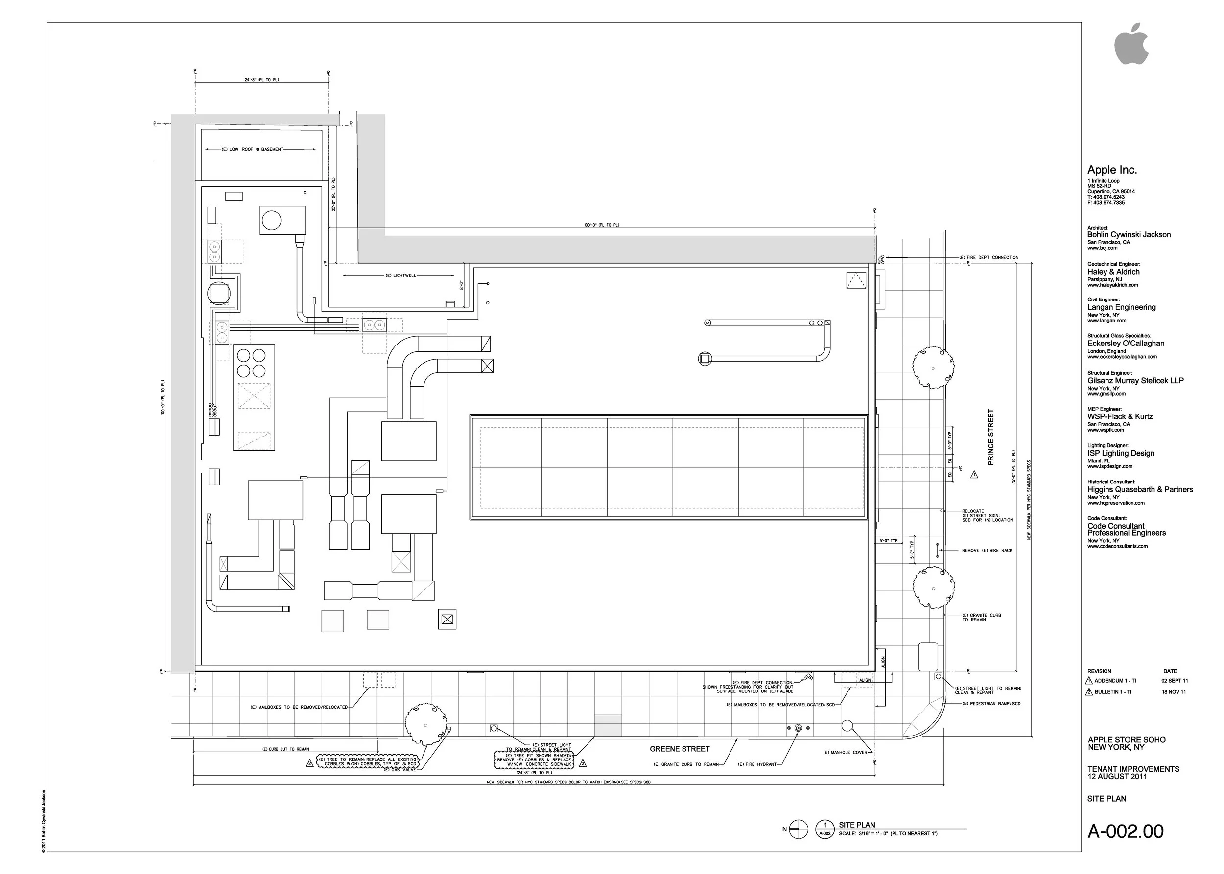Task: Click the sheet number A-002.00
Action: (1125, 831)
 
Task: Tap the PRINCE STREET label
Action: (990, 437)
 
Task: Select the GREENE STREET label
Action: (679, 749)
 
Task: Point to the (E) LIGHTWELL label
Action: (400, 275)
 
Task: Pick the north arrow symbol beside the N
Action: (799, 829)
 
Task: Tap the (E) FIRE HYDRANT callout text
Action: (757, 764)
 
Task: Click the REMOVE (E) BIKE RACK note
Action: (987, 550)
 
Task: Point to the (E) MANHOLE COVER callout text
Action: (845, 752)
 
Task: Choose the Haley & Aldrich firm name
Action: (1113, 272)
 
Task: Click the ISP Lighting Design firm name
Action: (1121, 453)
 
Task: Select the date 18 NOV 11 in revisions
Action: (1174, 692)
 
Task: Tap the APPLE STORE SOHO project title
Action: (1127, 740)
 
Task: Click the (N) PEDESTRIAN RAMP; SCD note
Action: (991, 703)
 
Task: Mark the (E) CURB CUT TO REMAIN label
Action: (285, 749)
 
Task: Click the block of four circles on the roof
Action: (252, 363)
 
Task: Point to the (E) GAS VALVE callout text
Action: (400, 770)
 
